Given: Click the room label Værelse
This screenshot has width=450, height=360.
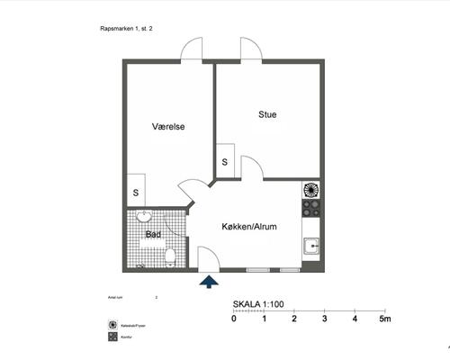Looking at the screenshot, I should [168, 127].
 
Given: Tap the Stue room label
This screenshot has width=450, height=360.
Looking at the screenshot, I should [267, 114].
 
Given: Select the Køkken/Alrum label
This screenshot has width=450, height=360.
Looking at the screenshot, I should [249, 227].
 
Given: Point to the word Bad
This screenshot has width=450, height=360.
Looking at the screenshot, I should [153, 235].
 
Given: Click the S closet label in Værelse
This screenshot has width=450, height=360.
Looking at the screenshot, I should [136, 192].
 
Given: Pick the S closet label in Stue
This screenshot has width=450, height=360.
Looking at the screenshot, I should [224, 162].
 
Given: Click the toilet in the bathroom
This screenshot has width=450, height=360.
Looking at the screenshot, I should [170, 258].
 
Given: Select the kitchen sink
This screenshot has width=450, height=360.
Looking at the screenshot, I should [311, 246].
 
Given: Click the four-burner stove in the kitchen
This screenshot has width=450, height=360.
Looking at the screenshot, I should [311, 208].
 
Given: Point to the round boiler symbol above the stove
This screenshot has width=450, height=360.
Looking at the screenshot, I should [311, 189].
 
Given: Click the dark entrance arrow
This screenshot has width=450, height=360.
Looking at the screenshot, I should [209, 283].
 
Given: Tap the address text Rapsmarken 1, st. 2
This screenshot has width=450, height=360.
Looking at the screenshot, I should [126, 29].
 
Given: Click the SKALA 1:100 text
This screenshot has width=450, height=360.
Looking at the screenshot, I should [258, 305].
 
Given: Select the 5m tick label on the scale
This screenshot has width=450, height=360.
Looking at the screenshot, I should [384, 319].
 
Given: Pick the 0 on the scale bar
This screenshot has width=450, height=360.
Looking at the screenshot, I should [234, 319].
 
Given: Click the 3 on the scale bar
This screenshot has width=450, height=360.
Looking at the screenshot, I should [324, 319].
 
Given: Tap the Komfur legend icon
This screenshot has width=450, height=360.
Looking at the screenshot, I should [112, 337].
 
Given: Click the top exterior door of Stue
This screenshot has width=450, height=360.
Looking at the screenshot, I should [251, 49].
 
